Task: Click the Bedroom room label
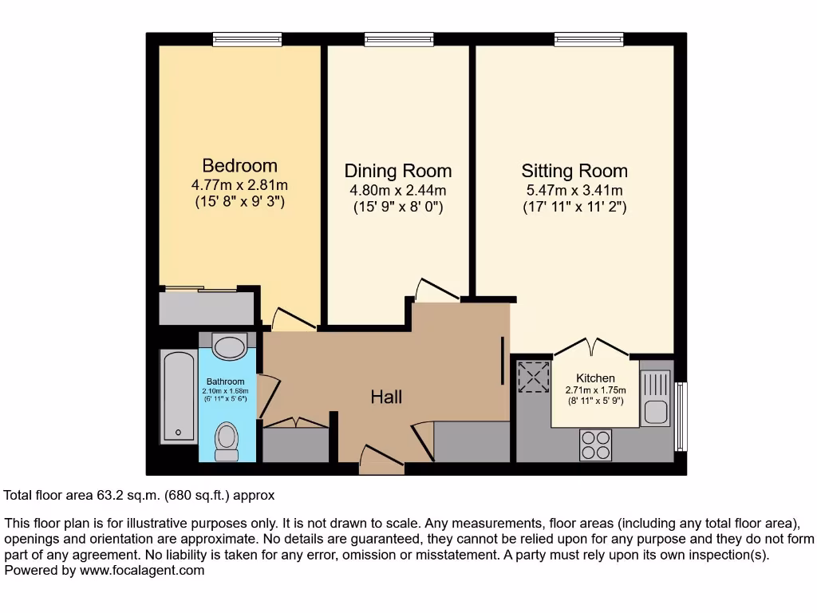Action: click(x=239, y=166)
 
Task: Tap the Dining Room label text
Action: click(x=397, y=171)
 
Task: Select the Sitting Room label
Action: click(x=574, y=171)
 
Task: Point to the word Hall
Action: click(x=386, y=397)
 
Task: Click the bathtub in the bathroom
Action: click(x=178, y=397)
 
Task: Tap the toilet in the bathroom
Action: click(x=227, y=441)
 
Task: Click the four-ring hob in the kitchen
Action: click(x=595, y=445)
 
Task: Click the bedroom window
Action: click(x=247, y=38)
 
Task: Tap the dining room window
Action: click(x=399, y=38)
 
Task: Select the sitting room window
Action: click(x=589, y=38)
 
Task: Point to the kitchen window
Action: click(x=680, y=416)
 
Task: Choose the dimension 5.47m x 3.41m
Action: click(x=574, y=190)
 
